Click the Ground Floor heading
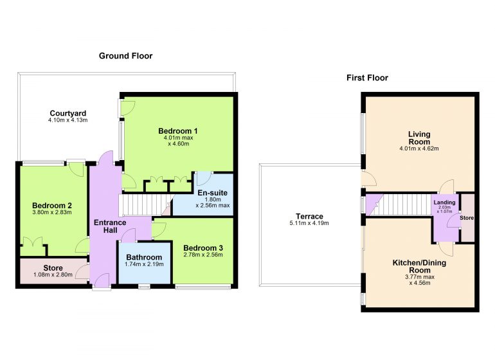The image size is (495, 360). [x=125, y=56]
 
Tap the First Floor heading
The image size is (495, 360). [x=367, y=78]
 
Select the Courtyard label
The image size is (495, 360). [x=68, y=113]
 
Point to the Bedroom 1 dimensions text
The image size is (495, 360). [x=178, y=141]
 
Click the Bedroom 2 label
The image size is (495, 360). [x=52, y=206]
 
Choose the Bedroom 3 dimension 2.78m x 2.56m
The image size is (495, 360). [x=203, y=255]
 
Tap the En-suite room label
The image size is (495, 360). [x=212, y=193]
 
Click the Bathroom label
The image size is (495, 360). [x=144, y=257]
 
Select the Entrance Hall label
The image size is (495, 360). [x=110, y=226]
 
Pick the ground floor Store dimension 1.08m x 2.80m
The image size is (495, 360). [x=53, y=274]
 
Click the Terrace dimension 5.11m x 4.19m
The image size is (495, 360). [x=309, y=223]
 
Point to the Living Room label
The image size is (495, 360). [x=419, y=138]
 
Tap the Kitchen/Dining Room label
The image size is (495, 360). [x=419, y=266]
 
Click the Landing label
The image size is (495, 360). [x=444, y=203]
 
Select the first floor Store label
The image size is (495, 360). [x=467, y=218]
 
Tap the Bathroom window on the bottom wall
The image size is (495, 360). [x=144, y=287]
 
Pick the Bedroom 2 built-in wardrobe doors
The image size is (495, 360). [x=33, y=242]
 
